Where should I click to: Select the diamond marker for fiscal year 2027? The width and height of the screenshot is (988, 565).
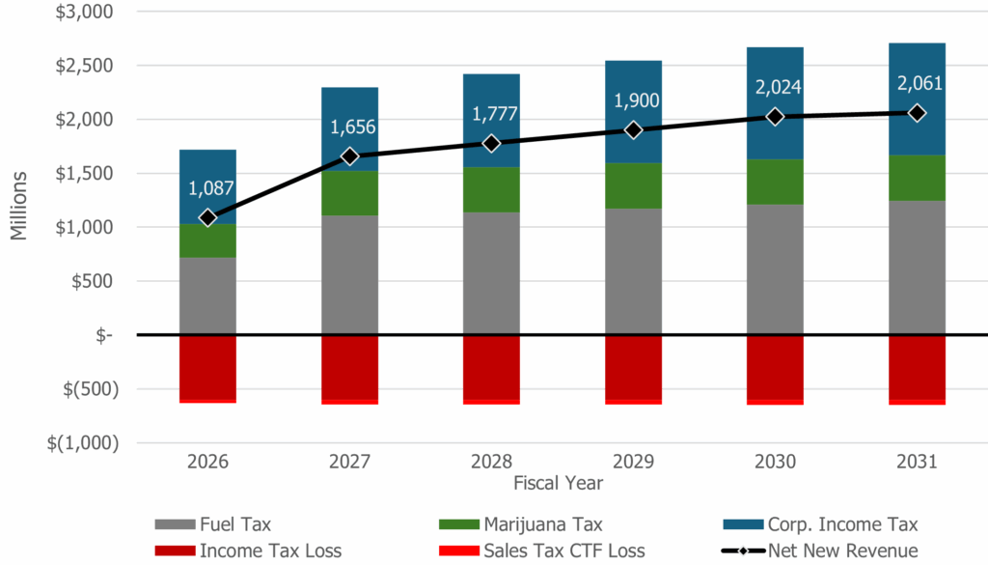point(349,155)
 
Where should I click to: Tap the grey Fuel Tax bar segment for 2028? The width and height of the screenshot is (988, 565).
point(491,273)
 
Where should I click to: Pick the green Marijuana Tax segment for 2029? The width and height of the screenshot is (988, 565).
point(633,185)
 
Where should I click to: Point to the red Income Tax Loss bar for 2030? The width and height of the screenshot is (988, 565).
point(775,367)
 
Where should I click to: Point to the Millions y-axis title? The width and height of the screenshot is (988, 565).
point(21,205)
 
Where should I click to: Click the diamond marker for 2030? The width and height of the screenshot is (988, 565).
point(775,116)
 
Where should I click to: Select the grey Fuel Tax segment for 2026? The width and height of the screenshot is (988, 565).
point(207,296)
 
